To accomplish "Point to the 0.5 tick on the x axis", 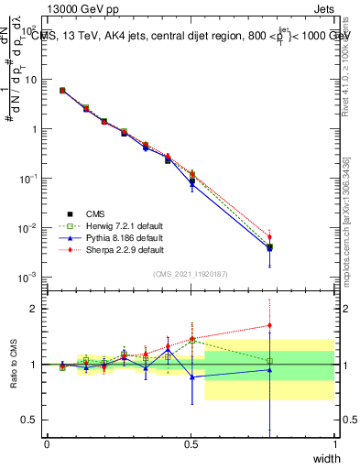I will [191, 444].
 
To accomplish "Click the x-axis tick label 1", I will [335, 444].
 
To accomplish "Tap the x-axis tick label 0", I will [47, 444].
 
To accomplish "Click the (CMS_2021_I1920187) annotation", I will [190, 274].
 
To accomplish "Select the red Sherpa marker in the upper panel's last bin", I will [269, 237].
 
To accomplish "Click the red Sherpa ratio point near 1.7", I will [269, 325].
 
